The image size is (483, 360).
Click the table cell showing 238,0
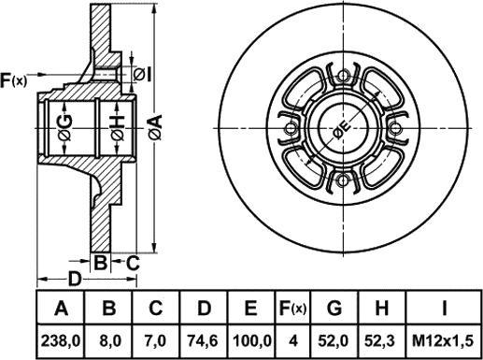[x=61, y=341]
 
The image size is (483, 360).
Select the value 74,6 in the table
[x=204, y=341]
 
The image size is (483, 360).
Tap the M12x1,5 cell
[x=443, y=341]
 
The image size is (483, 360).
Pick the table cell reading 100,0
[x=251, y=341]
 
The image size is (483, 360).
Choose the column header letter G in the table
[x=334, y=308]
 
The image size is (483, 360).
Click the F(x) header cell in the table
[x=292, y=308]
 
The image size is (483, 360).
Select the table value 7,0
[x=157, y=341]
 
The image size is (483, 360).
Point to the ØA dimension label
[x=156, y=127]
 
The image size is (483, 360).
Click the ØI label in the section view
[x=142, y=75]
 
